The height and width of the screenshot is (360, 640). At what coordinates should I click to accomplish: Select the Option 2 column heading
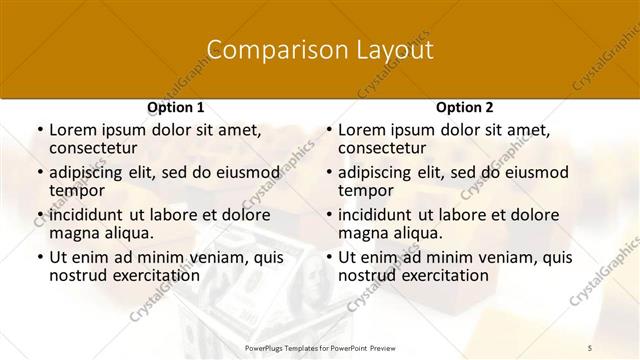[464, 107]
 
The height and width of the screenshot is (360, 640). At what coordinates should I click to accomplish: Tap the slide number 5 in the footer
[590, 347]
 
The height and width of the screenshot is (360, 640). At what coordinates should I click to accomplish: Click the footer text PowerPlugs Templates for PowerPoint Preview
[319, 347]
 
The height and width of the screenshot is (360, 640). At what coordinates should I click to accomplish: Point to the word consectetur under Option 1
[96, 148]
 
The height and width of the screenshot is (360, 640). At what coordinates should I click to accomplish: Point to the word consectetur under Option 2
[385, 148]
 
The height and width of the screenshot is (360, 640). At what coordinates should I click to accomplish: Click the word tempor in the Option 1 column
[77, 190]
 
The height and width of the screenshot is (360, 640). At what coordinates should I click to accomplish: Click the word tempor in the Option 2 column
[366, 190]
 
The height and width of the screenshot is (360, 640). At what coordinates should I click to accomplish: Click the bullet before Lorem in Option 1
[39, 130]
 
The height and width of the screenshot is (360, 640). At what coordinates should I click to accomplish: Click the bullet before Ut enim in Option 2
[328, 257]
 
